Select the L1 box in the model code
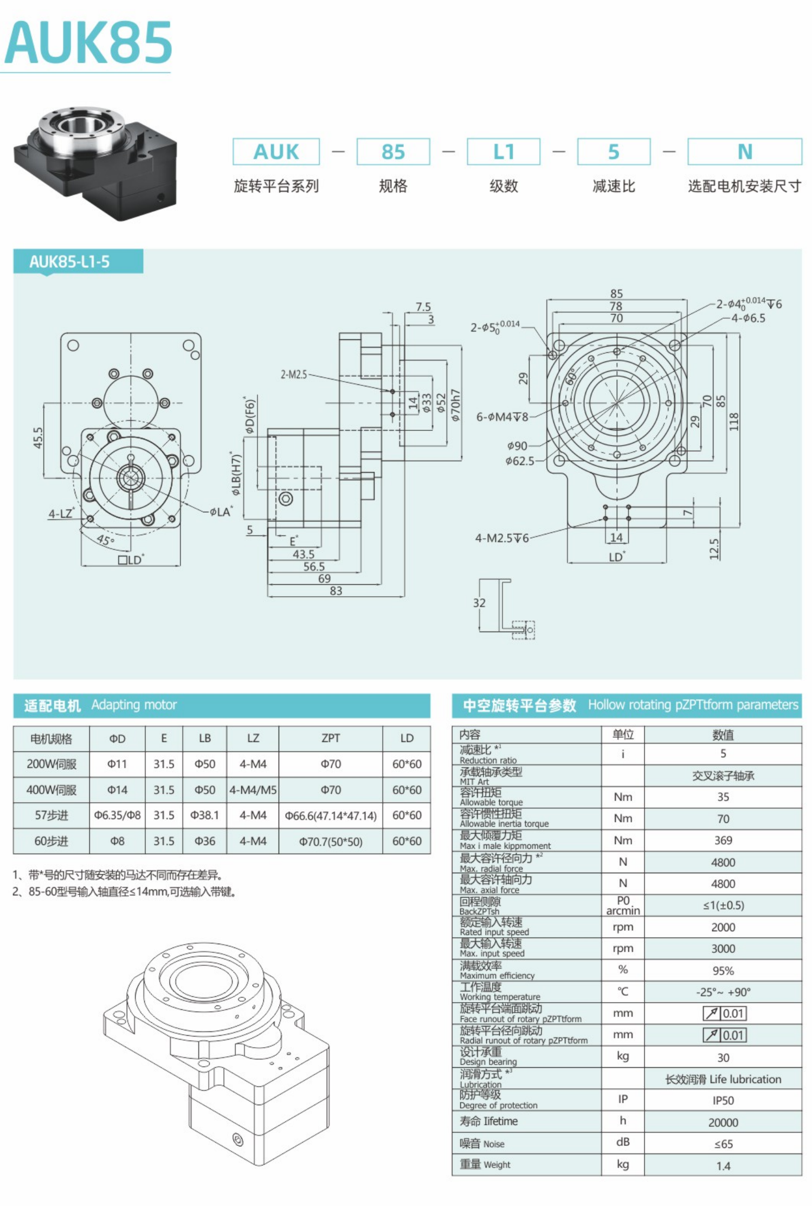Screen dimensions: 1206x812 (503, 152)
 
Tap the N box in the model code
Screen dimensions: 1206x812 (744, 152)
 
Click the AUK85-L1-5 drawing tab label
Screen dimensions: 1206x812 (70, 262)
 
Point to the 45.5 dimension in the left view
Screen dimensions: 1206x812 (38, 438)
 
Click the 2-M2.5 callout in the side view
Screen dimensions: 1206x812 (294, 375)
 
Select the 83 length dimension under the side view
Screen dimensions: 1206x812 (336, 591)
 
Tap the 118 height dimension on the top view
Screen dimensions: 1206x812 (734, 421)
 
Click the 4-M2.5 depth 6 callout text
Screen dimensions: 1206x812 (501, 538)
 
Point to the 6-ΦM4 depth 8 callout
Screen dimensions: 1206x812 (502, 417)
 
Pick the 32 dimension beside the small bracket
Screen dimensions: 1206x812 (479, 603)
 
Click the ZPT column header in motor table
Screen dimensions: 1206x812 (331, 738)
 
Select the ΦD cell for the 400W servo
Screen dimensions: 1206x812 (117, 790)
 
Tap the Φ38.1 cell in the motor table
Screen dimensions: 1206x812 (204, 815)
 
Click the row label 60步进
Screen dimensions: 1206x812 (51, 841)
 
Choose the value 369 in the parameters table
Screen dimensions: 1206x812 (723, 840)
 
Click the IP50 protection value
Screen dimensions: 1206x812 (723, 1100)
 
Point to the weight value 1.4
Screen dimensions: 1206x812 (723, 1165)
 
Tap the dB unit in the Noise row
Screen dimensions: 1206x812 (623, 1142)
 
